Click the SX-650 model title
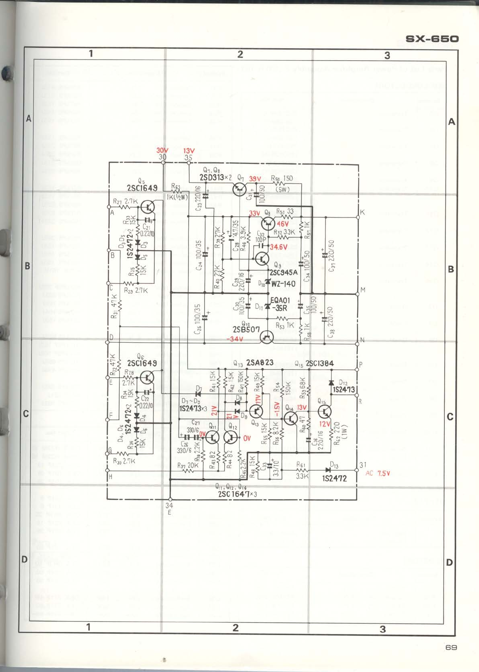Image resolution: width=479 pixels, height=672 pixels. click(432, 39)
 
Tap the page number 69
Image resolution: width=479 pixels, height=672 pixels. click(451, 647)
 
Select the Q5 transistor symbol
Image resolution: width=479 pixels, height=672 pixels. click(148, 206)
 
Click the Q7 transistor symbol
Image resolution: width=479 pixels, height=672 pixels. click(239, 189)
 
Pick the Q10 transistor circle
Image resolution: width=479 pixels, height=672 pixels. click(266, 337)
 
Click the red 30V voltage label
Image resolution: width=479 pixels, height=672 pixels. click(162, 150)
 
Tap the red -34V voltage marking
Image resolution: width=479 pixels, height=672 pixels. click(235, 339)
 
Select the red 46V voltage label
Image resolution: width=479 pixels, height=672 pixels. click(283, 224)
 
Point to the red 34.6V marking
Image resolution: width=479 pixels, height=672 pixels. click(279, 247)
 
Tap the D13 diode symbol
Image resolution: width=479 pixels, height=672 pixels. click(328, 470)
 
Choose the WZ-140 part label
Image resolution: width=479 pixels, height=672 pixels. click(283, 284)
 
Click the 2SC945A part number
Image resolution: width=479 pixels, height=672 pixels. click(283, 273)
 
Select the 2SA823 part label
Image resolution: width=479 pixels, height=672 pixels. click(260, 362)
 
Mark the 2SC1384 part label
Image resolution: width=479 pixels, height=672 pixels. click(320, 363)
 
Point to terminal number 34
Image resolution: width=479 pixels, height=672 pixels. click(169, 505)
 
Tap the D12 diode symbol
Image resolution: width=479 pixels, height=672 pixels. click(331, 382)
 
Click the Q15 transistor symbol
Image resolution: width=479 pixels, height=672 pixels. click(325, 412)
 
